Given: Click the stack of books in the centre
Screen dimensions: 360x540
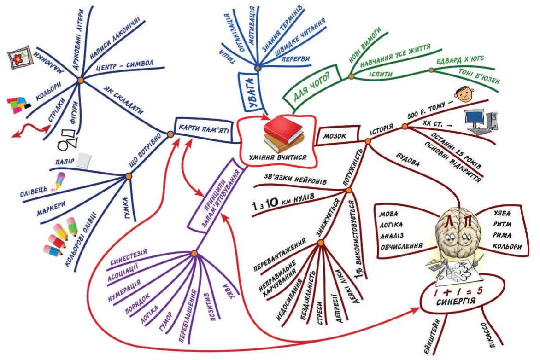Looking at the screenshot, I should click(284, 134).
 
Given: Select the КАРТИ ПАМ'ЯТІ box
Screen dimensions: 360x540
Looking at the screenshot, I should click(203, 126).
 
